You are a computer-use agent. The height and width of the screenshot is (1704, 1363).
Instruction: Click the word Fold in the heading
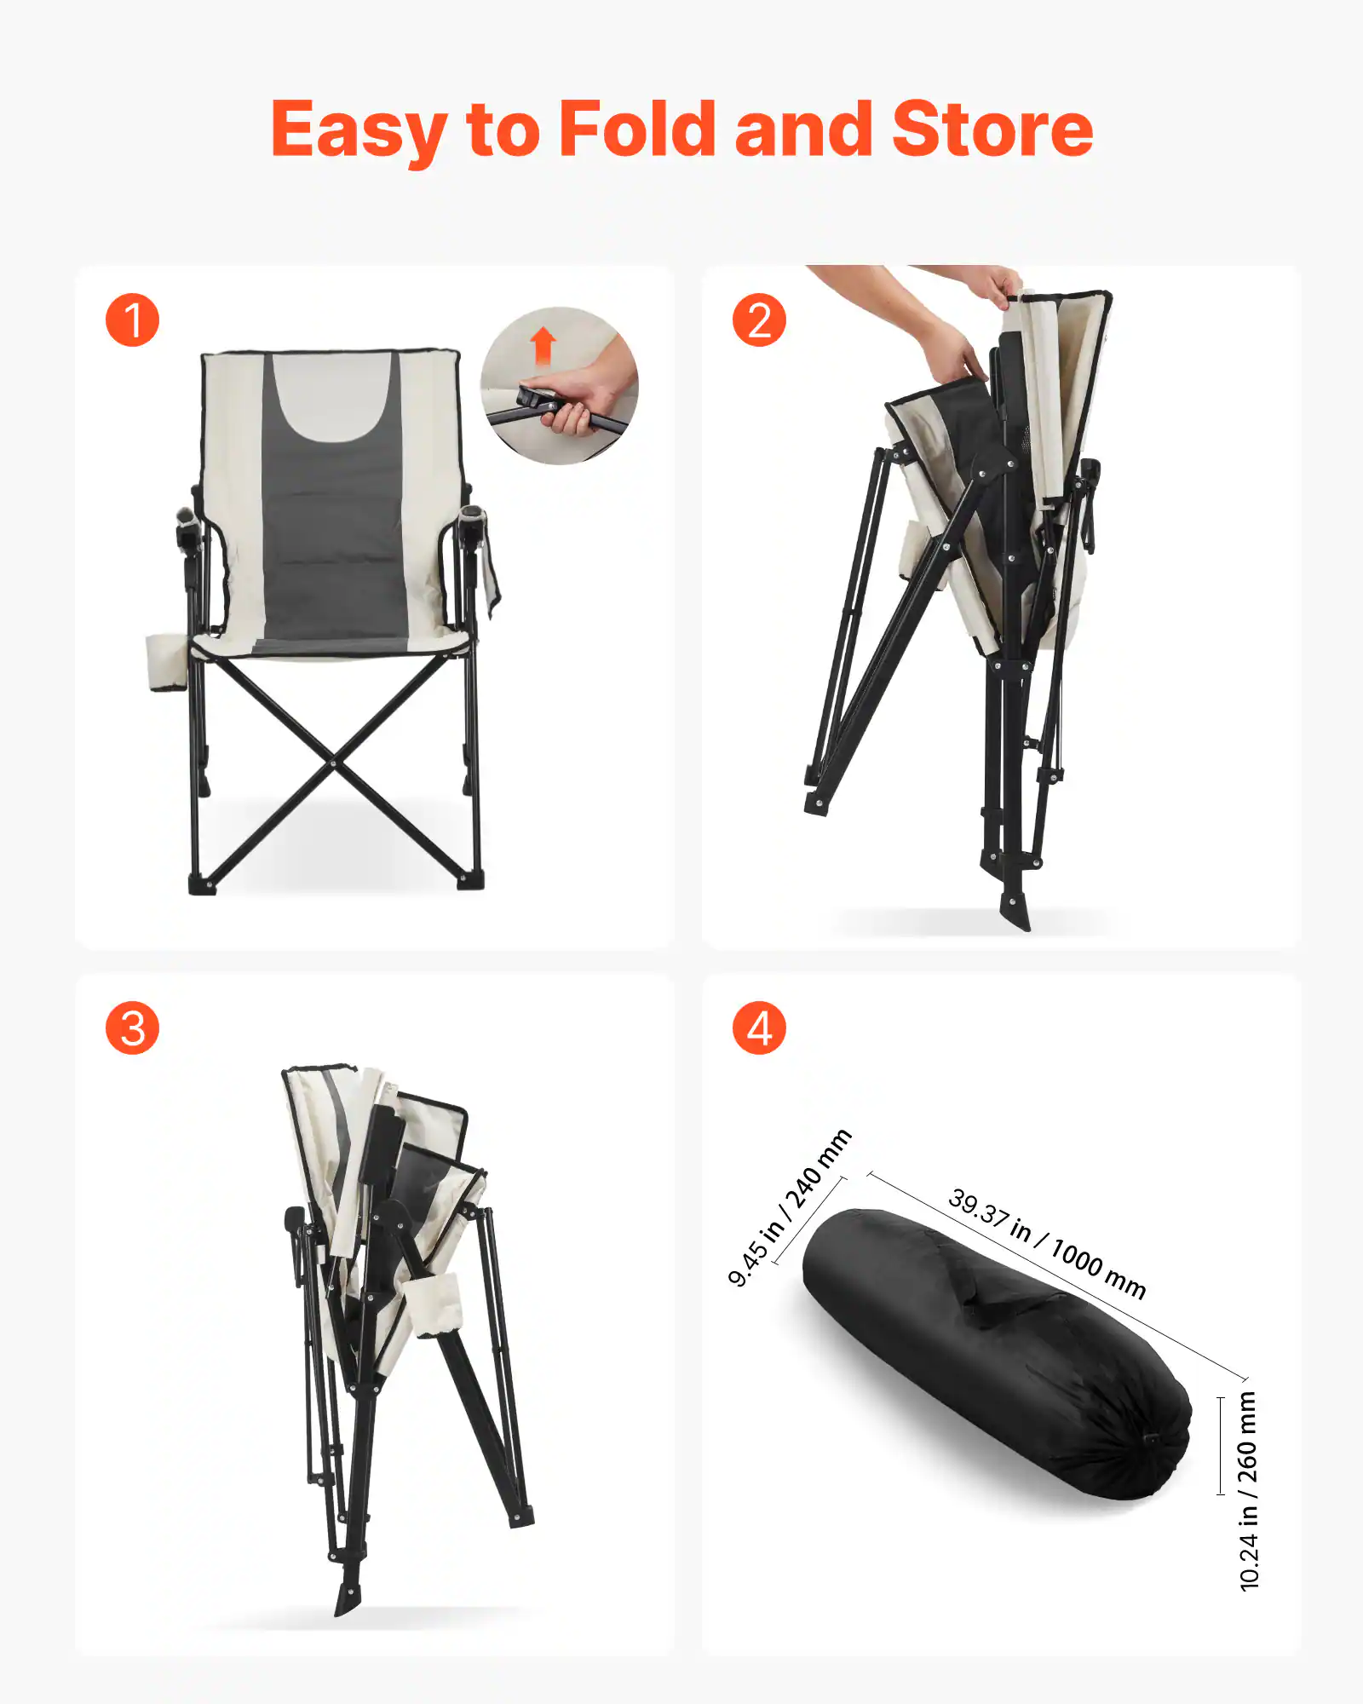click(636, 130)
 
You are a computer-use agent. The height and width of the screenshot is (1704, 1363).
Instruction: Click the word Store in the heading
click(992, 130)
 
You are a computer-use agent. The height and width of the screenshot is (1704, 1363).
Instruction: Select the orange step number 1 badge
click(132, 320)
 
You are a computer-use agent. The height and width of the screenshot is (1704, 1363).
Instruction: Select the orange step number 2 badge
click(759, 320)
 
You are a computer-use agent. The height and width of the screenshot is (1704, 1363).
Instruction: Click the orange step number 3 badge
click(132, 1028)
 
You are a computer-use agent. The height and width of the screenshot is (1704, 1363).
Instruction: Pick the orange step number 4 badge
click(759, 1028)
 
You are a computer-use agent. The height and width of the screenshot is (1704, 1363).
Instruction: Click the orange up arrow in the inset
click(543, 346)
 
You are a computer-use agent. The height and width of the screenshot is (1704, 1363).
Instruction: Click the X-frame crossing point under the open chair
click(333, 763)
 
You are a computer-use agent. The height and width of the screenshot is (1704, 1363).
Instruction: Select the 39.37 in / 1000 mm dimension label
click(1047, 1243)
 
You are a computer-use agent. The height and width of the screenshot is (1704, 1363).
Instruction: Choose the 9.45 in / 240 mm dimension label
click(789, 1207)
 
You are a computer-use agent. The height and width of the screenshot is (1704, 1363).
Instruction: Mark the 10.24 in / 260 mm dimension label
click(1248, 1491)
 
